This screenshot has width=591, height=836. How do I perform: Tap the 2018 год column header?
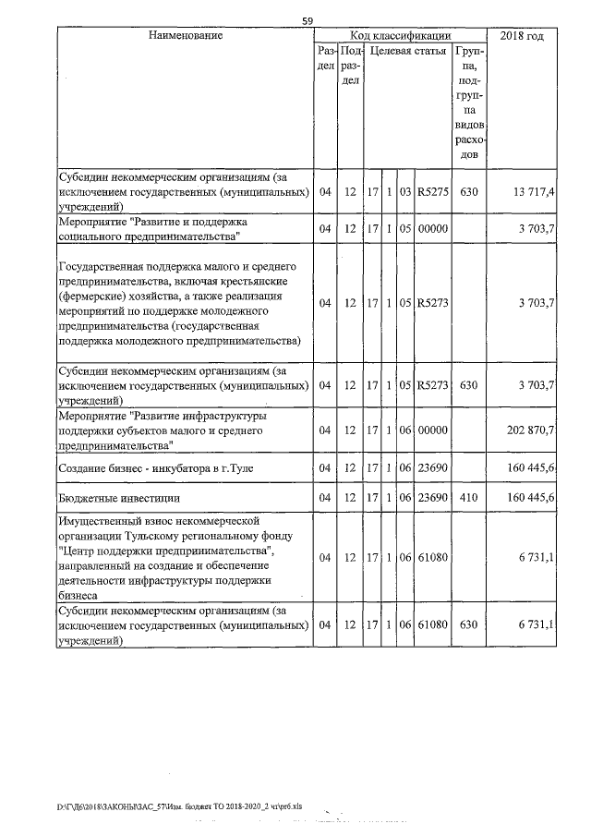click(522, 35)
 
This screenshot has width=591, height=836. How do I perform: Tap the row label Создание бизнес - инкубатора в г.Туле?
click(155, 469)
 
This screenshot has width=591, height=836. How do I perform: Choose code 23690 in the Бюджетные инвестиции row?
click(431, 498)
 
